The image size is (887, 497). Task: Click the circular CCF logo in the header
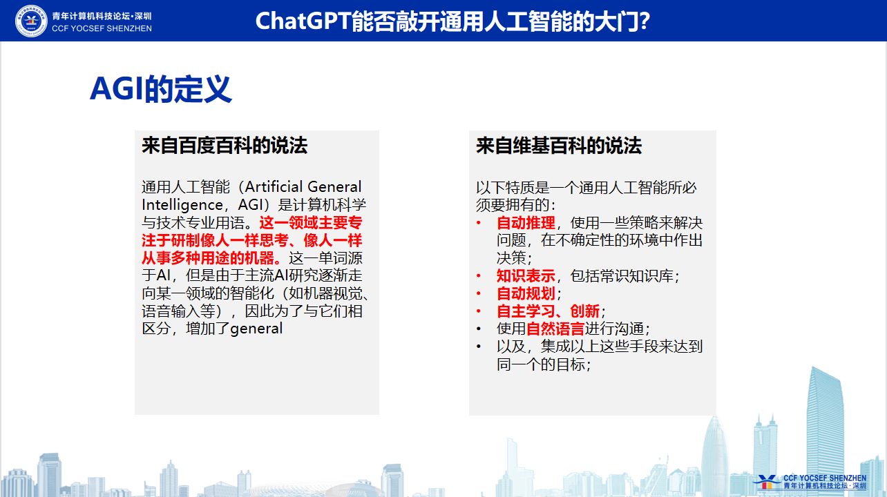click(31, 21)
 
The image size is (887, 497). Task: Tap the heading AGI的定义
click(161, 89)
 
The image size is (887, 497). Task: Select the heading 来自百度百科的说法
click(225, 145)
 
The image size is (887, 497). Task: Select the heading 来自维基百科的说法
click(559, 145)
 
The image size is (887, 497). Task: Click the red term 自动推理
click(526, 223)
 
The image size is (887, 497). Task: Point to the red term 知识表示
click(526, 276)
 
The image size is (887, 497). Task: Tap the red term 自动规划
click(526, 293)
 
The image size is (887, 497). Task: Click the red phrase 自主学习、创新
click(548, 311)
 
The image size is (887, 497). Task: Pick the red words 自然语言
click(555, 329)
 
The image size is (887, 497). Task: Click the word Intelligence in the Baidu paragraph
click(182, 205)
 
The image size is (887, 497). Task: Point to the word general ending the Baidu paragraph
click(256, 329)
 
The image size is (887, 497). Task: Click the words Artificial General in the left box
click(303, 187)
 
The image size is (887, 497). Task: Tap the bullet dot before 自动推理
click(479, 223)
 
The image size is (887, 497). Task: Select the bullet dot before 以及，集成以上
click(479, 347)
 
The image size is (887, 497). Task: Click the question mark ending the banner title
click(643, 21)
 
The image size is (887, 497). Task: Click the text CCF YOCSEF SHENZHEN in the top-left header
click(102, 28)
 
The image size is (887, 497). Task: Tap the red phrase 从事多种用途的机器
click(211, 258)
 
